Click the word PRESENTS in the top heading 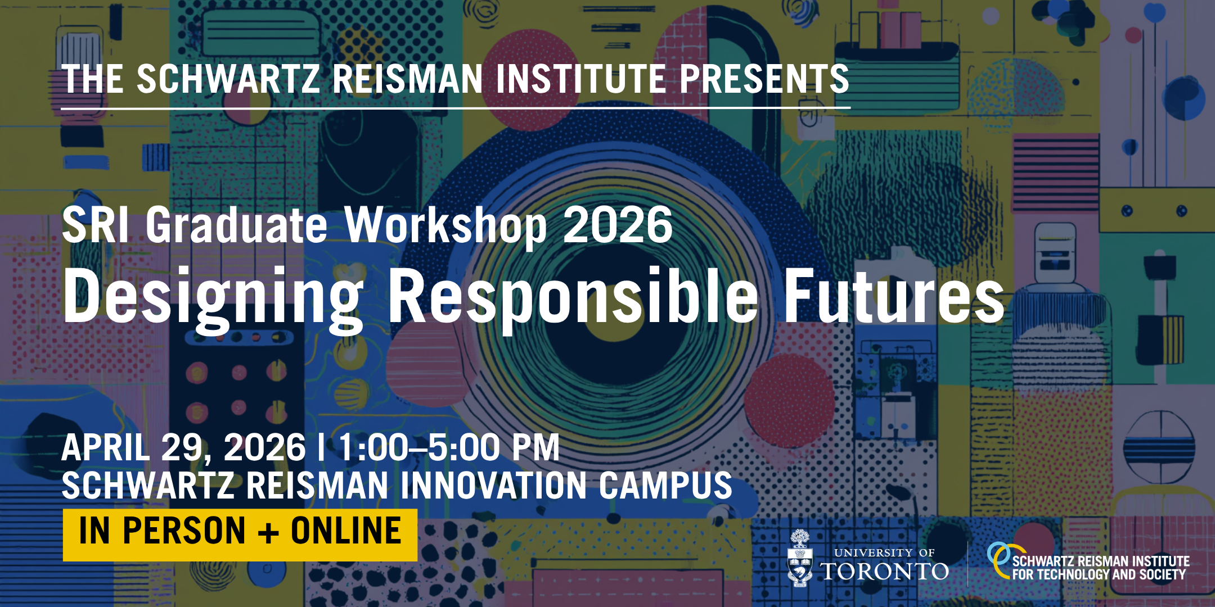click(764, 79)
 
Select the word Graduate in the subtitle click(236, 226)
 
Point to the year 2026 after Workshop click(618, 225)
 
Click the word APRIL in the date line click(106, 448)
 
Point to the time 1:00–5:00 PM click(449, 448)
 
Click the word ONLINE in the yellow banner click(346, 531)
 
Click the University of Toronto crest click(800, 559)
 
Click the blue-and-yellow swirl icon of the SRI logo click(1001, 559)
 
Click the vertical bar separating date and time click(321, 448)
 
